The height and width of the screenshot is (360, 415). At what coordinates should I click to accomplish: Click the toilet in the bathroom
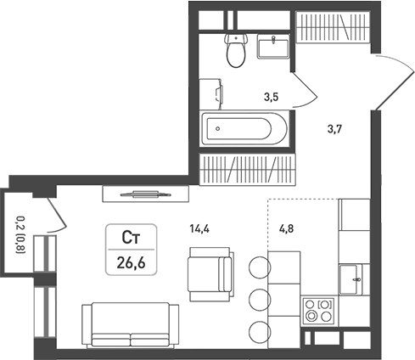point(236,50)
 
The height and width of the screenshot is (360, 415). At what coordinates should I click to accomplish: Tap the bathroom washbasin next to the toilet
point(273,47)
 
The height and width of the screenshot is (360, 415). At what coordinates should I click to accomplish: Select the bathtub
point(244,129)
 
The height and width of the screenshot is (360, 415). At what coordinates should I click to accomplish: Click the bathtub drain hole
point(217,129)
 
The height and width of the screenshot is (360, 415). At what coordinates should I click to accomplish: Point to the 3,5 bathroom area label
point(272,97)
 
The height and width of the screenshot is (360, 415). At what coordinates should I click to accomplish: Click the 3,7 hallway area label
point(334,129)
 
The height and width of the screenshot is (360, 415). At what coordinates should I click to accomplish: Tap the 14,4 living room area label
point(199,228)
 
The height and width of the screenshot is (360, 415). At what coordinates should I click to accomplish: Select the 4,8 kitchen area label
point(286,228)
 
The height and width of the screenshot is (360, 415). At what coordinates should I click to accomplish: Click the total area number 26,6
point(132,263)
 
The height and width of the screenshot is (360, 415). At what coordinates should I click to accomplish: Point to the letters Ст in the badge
point(131,238)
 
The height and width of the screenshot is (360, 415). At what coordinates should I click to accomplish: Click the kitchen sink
point(351,280)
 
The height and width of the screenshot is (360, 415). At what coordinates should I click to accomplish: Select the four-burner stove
point(319,311)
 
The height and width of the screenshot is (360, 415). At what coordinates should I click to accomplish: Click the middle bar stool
point(260,300)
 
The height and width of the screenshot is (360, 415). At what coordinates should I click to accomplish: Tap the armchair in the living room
point(211,274)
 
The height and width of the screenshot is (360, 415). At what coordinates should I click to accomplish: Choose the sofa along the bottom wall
point(131,325)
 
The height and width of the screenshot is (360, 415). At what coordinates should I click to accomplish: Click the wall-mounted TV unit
point(146,194)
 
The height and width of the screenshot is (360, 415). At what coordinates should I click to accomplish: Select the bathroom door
point(304,90)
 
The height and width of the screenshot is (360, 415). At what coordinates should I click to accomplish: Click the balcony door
point(57,215)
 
